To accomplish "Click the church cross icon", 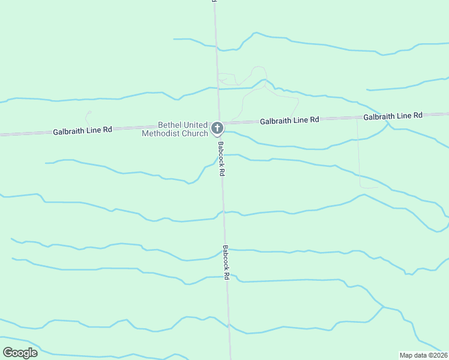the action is point(217,128).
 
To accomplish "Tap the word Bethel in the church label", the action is point(169,125).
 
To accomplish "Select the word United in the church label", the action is point(195,125).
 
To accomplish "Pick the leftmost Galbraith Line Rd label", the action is point(82,130).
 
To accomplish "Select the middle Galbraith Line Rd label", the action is point(289,120).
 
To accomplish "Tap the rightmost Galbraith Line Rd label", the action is point(393,115).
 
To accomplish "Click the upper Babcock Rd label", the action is point(221,158).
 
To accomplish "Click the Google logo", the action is point(20,353).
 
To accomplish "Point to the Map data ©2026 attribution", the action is point(423,355).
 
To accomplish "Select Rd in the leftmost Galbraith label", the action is point(107,129).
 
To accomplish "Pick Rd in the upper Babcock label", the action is point(222,170).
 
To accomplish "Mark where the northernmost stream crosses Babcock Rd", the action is point(216,49).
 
